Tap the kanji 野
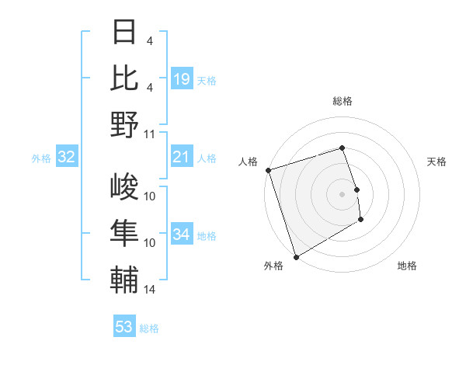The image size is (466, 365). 124,124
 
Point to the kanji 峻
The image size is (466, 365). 124,188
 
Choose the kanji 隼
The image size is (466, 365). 124,235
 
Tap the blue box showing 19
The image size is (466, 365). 182,78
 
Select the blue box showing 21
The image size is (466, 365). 182,158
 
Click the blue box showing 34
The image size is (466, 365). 182,235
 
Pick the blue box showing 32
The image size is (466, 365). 67,158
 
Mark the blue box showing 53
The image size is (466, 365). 124,327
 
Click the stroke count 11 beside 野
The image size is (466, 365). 150,134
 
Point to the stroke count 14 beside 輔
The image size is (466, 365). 150,290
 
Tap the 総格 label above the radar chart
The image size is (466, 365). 343,101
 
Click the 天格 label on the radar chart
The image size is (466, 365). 437,162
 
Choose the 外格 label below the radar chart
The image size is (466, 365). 273,266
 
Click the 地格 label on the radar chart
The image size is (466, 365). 407,266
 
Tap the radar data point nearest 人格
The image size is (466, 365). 268,170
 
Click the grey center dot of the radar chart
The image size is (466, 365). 342,193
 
